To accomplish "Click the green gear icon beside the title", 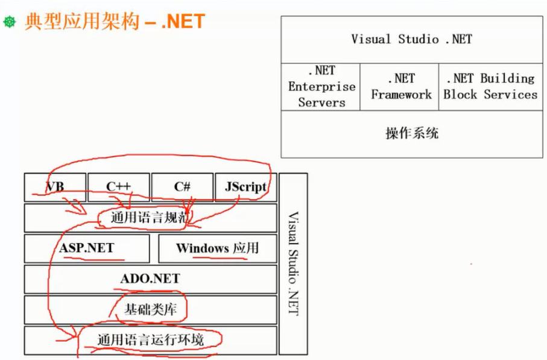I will (x=9, y=22).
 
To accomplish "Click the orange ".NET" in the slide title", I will (x=183, y=22).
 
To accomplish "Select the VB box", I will (x=55, y=187).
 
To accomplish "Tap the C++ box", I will (x=119, y=187).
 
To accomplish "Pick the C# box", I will (x=182, y=187).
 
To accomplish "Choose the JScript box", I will (x=245, y=187).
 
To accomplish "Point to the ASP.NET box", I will (x=87, y=248).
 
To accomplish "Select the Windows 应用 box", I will (x=217, y=248).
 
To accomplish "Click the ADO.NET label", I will (x=150, y=279).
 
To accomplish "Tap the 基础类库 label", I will (x=150, y=310).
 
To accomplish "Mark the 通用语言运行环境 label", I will (x=151, y=340).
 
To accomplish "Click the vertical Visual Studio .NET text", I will (x=293, y=263).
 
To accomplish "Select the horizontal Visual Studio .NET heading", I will (x=411, y=39).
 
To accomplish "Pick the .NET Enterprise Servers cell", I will (x=321, y=87).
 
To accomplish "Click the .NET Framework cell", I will (x=400, y=87).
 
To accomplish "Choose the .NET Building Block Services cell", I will (x=490, y=87).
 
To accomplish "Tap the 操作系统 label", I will (x=412, y=133).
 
